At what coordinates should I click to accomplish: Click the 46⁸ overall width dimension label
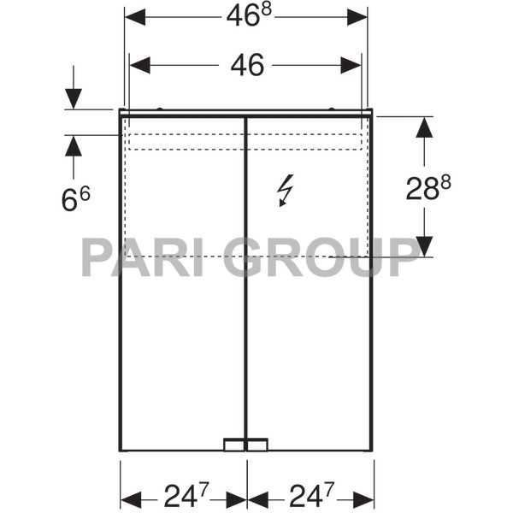(x=246, y=17)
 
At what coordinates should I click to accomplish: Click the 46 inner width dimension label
(x=246, y=65)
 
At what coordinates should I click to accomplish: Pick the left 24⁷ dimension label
(x=183, y=495)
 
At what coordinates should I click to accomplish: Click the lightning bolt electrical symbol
(x=285, y=190)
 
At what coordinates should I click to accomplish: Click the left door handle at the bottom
(x=233, y=445)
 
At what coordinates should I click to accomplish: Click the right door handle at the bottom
(x=257, y=445)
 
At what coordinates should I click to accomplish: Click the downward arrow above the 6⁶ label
(x=74, y=98)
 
